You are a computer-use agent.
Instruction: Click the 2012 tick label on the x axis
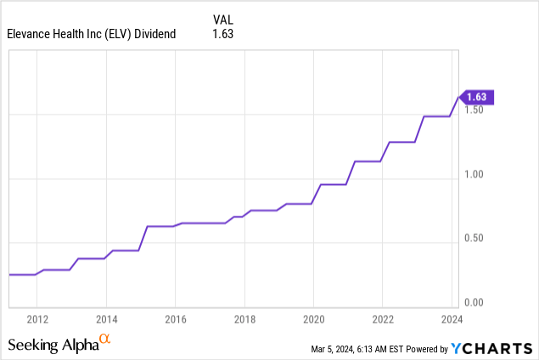click(36, 319)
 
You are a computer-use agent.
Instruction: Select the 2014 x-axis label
click(105, 319)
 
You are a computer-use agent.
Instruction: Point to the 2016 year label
click(175, 319)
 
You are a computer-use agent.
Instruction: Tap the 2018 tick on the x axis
click(244, 319)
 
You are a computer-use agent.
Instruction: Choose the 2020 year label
click(313, 319)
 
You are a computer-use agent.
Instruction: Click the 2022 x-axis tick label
click(382, 319)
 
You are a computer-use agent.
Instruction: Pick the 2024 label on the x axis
click(452, 319)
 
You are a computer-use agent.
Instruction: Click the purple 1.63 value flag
click(477, 97)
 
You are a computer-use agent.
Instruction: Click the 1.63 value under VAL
click(222, 34)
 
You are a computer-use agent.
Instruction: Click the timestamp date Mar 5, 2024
click(334, 349)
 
